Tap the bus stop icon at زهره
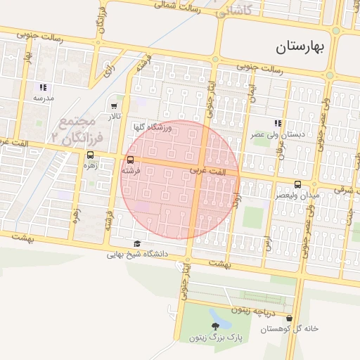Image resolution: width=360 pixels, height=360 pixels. tap(90, 156)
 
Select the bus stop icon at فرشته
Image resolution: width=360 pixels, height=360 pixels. tap(130, 160)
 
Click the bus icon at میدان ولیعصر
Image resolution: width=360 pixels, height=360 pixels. tap(297, 184)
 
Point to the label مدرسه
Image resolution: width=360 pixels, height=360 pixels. tap(43, 98)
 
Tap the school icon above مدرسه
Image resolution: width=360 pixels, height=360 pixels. tap(43, 87)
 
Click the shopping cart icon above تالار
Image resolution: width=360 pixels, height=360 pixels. tap(114, 106)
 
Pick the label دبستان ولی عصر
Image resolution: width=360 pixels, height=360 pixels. tap(278, 133)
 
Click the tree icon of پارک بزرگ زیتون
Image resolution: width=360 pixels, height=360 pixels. tap(215, 326)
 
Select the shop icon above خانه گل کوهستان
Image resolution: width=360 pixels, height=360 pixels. tap(290, 319)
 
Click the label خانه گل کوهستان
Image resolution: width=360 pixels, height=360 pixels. tap(290, 329)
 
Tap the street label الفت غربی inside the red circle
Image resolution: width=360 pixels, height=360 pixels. tap(209, 171)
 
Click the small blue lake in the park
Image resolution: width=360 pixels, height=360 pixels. tap(221, 320)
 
